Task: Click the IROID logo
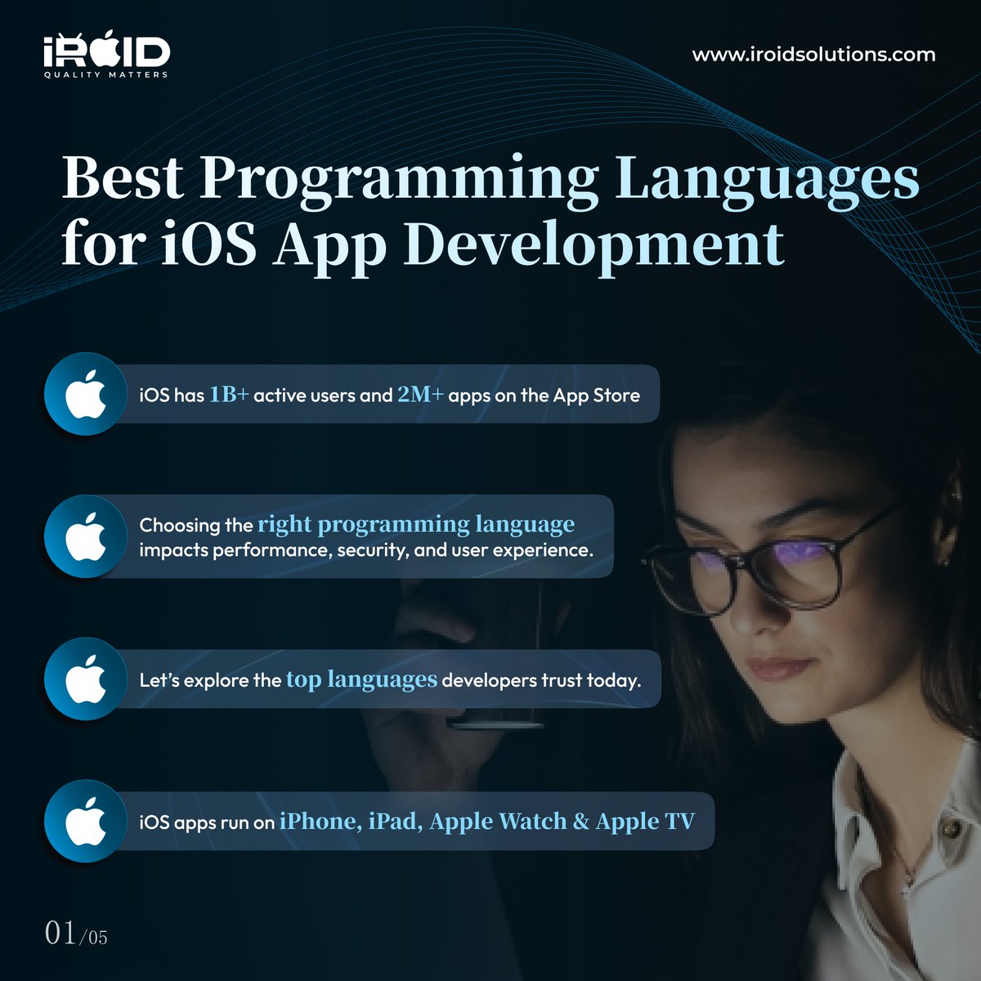pyautogui.click(x=106, y=53)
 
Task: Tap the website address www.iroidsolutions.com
pyautogui.click(x=813, y=56)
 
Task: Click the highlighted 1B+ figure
pyautogui.click(x=229, y=395)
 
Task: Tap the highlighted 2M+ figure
pyautogui.click(x=420, y=395)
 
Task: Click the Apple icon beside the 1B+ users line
pyautogui.click(x=86, y=394)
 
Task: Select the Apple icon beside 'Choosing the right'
pyautogui.click(x=86, y=537)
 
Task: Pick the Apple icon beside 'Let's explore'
pyautogui.click(x=86, y=679)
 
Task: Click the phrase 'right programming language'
pyautogui.click(x=416, y=524)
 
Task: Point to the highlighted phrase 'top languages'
pyautogui.click(x=361, y=679)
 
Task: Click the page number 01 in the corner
pyautogui.click(x=61, y=933)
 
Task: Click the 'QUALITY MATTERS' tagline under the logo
pyautogui.click(x=106, y=74)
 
